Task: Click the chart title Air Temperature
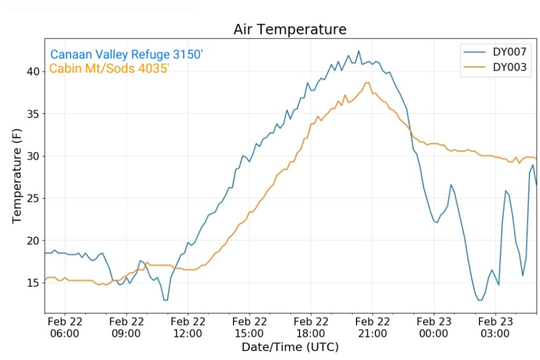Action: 290,30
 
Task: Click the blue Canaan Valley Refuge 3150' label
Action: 127,54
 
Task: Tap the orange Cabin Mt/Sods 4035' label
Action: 109,69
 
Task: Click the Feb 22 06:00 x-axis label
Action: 65,327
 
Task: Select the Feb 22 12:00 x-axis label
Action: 188,327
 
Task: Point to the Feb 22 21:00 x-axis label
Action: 372,327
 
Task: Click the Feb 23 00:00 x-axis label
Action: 433,327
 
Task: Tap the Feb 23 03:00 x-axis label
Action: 495,327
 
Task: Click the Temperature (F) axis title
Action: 17,177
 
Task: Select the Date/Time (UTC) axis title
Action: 290,347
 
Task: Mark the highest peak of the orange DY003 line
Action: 368,83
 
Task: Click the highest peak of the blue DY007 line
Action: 359,51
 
